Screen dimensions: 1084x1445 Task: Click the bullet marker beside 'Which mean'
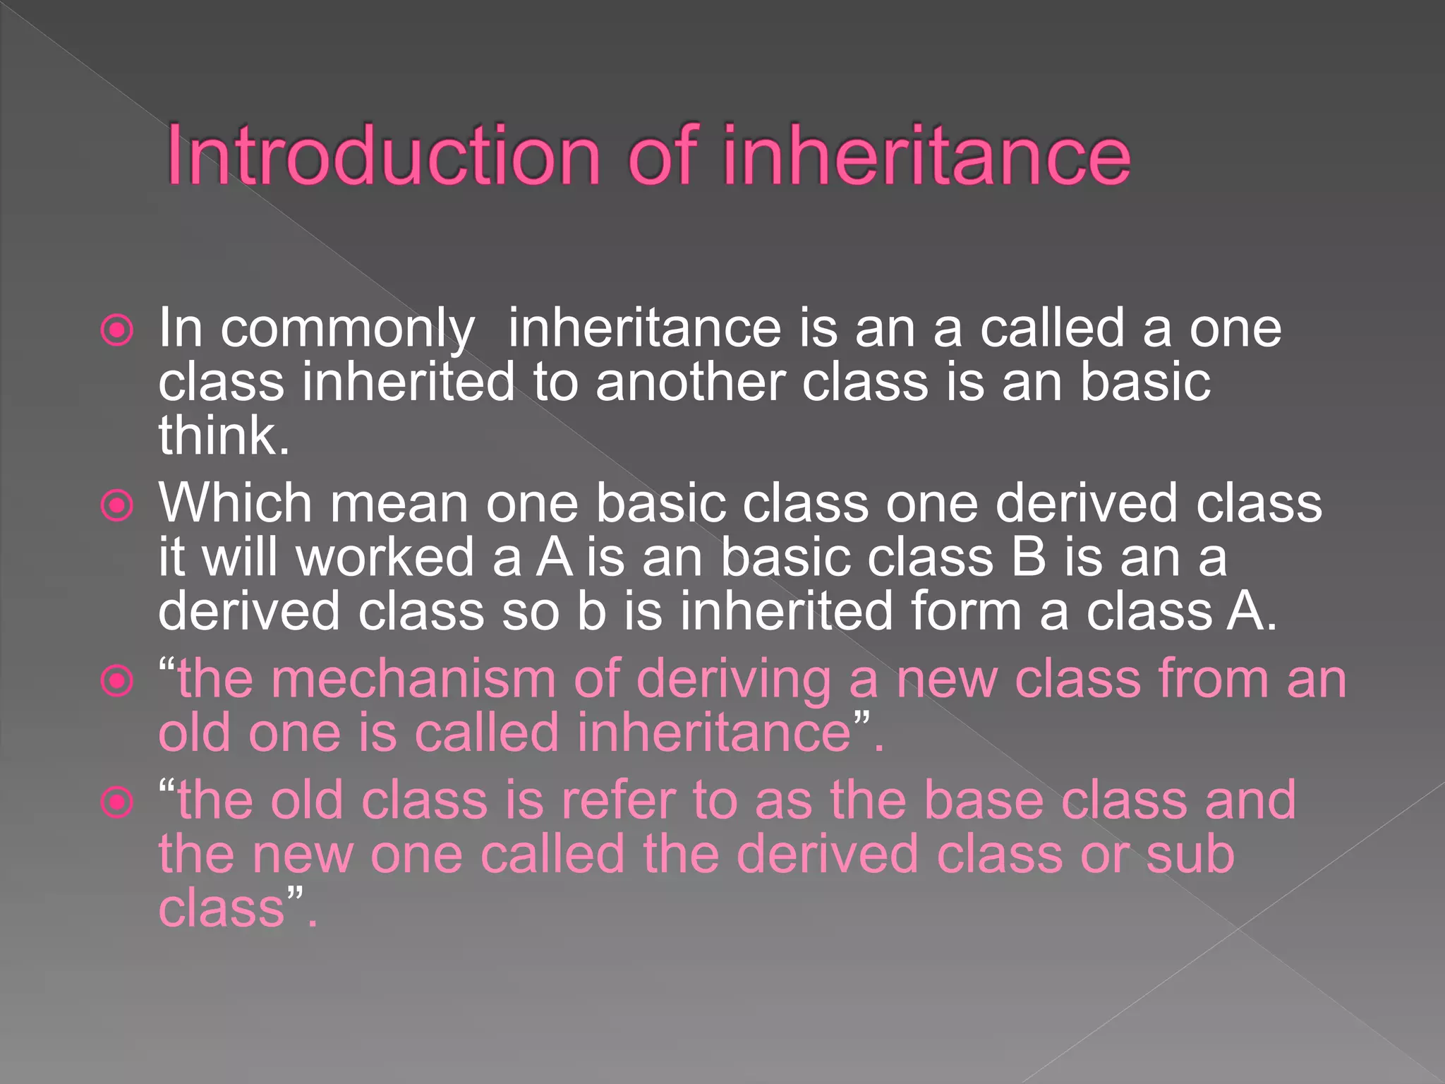tap(117, 505)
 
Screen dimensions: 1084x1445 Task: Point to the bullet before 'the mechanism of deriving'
tap(117, 681)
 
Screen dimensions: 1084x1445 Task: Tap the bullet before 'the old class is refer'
tap(117, 802)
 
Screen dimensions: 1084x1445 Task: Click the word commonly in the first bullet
tap(347, 329)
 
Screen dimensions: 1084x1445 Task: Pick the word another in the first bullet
tap(690, 382)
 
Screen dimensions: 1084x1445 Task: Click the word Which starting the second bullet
tap(236, 503)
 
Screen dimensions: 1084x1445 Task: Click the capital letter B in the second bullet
tap(1028, 557)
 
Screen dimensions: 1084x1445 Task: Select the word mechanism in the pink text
tap(413, 679)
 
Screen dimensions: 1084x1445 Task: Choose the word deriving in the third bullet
tap(734, 679)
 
